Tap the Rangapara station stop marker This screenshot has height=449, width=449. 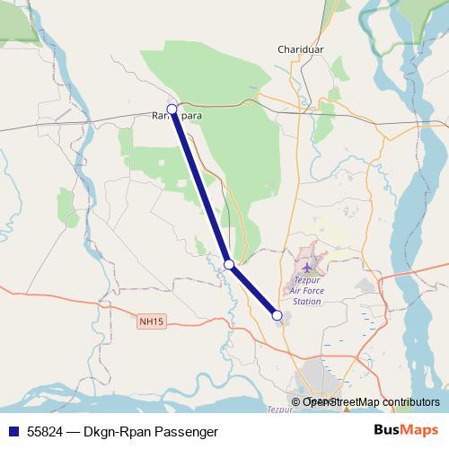(x=172, y=110)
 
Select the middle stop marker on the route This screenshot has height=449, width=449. (x=229, y=264)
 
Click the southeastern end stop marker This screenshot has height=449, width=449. (x=277, y=315)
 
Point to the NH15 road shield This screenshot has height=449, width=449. (x=152, y=320)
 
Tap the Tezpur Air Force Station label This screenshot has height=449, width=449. (x=307, y=291)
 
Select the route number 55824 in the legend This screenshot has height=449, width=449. (x=44, y=432)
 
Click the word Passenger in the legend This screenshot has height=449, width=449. (x=193, y=432)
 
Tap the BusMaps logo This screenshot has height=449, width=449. (x=406, y=431)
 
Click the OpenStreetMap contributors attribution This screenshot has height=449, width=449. (x=370, y=402)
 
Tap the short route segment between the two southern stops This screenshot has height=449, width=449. (x=253, y=290)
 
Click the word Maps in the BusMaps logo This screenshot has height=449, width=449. (x=421, y=431)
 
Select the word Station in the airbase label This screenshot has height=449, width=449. (x=307, y=302)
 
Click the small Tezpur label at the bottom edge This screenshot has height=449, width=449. (x=280, y=409)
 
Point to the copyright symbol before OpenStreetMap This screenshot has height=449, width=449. (x=296, y=402)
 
